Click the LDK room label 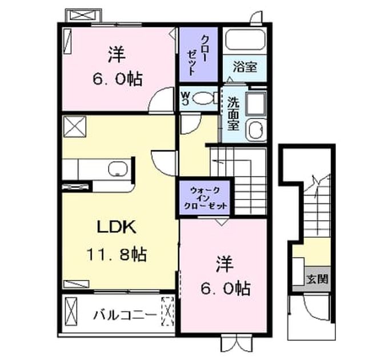click(x=117, y=228)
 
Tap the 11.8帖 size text click(x=117, y=255)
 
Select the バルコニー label click(x=125, y=314)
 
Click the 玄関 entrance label click(x=317, y=279)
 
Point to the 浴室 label click(x=245, y=67)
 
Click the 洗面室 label click(x=233, y=114)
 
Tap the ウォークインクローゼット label click(x=206, y=198)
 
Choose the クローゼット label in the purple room click(x=198, y=55)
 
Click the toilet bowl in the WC click(x=203, y=98)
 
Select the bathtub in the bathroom click(x=246, y=40)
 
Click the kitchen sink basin click(x=118, y=169)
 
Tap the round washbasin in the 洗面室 click(x=257, y=130)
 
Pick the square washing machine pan click(x=256, y=104)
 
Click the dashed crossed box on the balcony click(x=167, y=311)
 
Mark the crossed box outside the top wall click(x=83, y=16)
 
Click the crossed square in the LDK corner click(x=75, y=127)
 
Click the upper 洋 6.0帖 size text click(x=117, y=79)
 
